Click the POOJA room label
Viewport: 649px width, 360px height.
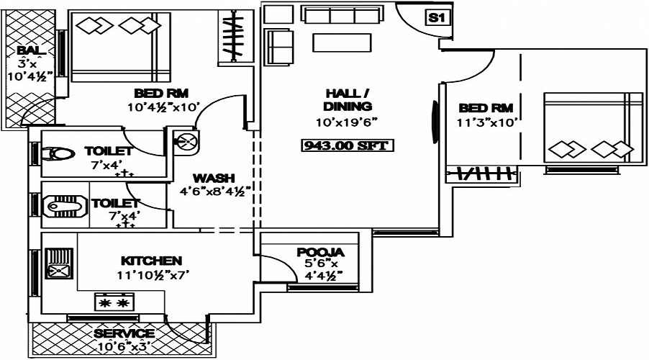pyautogui.click(x=320, y=253)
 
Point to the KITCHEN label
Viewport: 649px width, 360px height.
pyautogui.click(x=151, y=260)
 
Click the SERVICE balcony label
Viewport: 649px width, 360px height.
pyautogui.click(x=124, y=333)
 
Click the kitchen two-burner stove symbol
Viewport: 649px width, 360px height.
pyautogui.click(x=114, y=302)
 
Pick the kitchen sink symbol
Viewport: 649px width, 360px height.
pyautogui.click(x=57, y=264)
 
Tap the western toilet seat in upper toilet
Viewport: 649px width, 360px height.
pyautogui.click(x=57, y=155)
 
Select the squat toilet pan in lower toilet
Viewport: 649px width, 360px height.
pyautogui.click(x=60, y=207)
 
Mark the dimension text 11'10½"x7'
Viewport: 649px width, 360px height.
pyautogui.click(x=151, y=274)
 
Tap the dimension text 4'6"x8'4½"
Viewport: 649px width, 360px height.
pyautogui.click(x=214, y=192)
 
